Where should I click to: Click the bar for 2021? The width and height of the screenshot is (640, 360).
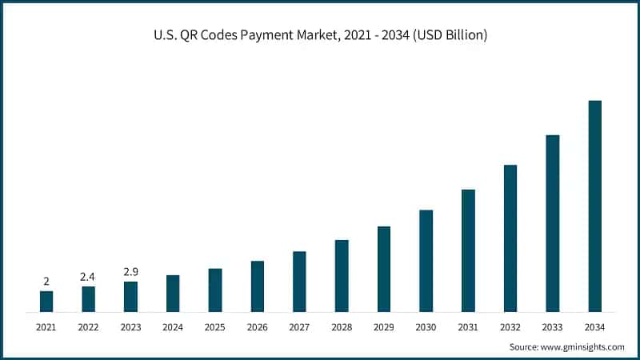46,301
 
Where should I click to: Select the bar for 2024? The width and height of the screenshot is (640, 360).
173,293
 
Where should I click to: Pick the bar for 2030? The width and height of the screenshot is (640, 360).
426,260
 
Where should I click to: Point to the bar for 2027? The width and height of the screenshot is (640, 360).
299,281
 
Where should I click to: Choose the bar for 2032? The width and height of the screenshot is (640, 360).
510,238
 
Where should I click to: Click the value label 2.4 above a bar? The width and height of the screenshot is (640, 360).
88,277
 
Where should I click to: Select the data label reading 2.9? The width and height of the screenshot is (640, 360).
130,272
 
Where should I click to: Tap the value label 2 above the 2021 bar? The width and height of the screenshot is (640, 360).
46,282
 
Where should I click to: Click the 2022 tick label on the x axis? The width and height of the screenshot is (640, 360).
88,327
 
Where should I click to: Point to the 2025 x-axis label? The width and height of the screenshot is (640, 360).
215,327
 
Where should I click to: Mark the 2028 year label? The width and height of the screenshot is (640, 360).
342,327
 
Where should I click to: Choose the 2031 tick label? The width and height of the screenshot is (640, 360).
468,327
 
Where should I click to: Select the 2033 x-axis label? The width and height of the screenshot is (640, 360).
552,327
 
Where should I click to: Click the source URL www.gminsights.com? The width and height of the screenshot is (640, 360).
582,346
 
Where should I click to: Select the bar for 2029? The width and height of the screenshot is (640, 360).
384,269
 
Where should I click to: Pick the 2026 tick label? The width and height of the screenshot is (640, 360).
257,327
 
